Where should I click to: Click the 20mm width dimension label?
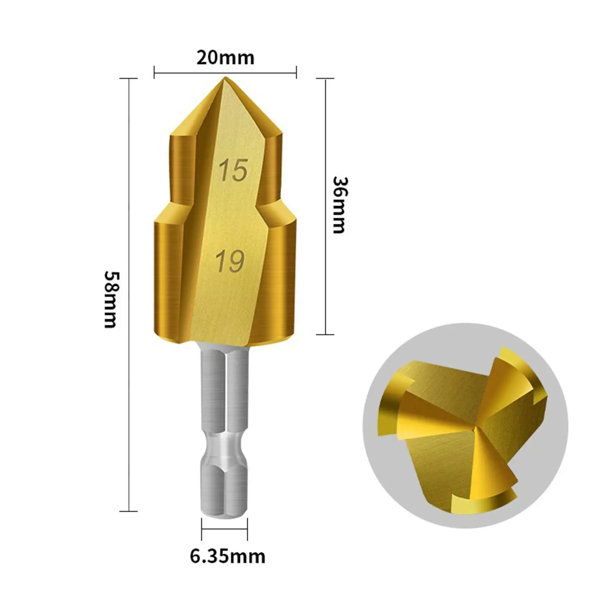click(225, 58)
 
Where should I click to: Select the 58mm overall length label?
click(111, 299)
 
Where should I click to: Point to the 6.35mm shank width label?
click(228, 557)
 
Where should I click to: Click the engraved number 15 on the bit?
click(233, 170)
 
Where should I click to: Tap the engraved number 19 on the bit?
click(230, 261)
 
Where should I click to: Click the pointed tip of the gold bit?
click(225, 78)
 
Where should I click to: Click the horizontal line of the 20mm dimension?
click(225, 72)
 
